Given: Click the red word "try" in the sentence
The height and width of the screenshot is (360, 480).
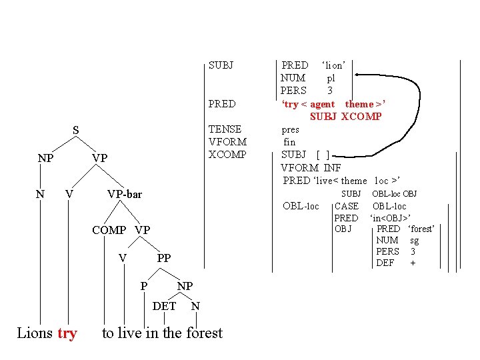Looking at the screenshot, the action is click(x=67, y=333).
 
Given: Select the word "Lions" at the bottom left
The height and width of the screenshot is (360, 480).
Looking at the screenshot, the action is click(x=35, y=333).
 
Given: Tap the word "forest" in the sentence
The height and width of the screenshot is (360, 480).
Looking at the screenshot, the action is click(x=202, y=333).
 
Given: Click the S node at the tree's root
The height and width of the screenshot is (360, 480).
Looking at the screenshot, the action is click(x=76, y=131).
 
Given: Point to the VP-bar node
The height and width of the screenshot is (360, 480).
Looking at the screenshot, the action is click(x=125, y=194).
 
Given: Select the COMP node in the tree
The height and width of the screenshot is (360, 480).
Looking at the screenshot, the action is click(x=109, y=230).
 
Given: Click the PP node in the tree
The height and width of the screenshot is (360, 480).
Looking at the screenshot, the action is click(x=164, y=258).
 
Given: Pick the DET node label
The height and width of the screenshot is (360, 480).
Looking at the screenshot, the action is click(x=165, y=306).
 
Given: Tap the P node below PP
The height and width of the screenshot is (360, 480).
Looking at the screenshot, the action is click(x=144, y=286).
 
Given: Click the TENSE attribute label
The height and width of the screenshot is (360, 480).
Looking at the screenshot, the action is click(x=225, y=129).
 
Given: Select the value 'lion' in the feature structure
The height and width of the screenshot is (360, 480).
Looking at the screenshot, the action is click(x=333, y=65).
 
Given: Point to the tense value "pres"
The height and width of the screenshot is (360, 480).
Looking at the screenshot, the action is click(x=291, y=130).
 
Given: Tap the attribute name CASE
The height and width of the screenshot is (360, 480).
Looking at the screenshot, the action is click(x=346, y=206).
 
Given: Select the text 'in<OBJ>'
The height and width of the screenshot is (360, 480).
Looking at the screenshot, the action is click(x=390, y=218).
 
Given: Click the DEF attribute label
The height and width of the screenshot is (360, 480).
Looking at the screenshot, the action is click(x=385, y=263).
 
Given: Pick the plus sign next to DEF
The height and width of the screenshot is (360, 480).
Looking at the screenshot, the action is click(x=413, y=263).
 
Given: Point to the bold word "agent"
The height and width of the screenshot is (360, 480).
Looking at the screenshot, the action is click(x=323, y=104).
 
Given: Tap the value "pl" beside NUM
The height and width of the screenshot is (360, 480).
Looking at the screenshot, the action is click(x=331, y=78).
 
